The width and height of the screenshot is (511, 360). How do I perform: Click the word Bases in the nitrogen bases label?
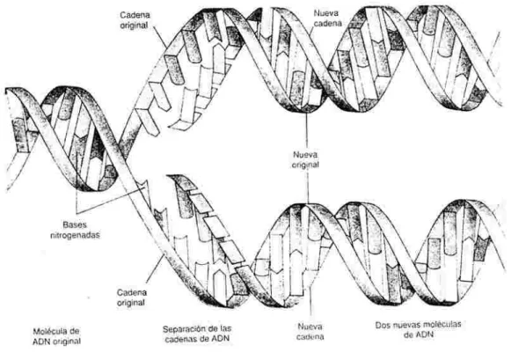click(75, 224)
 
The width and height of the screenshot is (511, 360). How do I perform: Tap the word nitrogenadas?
click(75, 235)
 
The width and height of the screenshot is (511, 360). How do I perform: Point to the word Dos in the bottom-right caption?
click(382, 325)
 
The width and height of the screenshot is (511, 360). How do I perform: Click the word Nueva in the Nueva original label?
click(305, 155)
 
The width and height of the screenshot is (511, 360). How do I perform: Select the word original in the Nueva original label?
click(305, 165)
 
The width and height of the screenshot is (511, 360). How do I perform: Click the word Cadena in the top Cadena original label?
click(135, 15)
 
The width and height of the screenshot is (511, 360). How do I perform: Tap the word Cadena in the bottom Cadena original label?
click(132, 292)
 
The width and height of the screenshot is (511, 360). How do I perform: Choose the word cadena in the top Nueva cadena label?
click(328, 23)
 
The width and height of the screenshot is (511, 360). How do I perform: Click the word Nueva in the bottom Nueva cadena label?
click(310, 327)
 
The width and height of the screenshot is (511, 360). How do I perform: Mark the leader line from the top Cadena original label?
click(160, 36)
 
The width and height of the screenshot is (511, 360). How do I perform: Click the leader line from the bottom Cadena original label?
click(155, 269)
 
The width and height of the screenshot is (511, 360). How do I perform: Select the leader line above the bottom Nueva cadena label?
click(310, 303)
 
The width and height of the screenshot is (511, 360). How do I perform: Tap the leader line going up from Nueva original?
click(306, 131)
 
